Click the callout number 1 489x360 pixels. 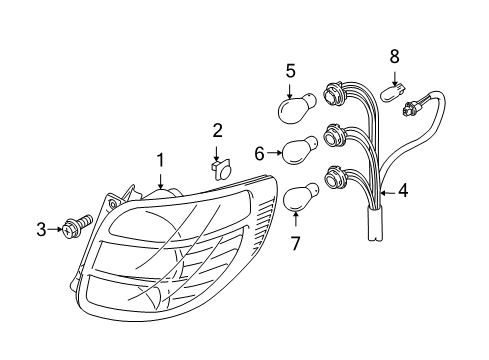(158, 161)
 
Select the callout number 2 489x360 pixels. (217, 130)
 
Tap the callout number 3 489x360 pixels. (42, 230)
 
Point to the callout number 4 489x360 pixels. (403, 189)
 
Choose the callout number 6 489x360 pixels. (259, 154)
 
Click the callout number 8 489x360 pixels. (393, 56)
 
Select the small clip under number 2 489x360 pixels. (220, 166)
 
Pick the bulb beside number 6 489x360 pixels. (298, 153)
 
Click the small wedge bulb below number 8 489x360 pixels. (396, 91)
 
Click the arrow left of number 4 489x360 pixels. (387, 189)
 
